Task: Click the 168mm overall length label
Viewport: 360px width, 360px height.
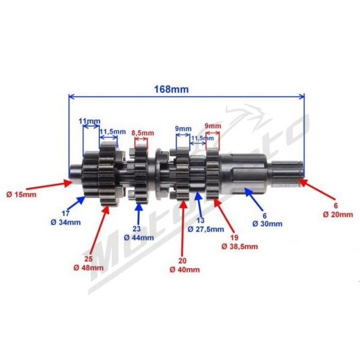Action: tap(171, 89)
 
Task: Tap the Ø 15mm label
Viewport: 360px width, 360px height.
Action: tap(22, 194)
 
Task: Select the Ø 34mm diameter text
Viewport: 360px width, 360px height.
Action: tap(65, 222)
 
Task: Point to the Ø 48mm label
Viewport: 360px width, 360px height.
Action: tap(88, 268)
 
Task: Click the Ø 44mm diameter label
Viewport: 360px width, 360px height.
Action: tap(139, 238)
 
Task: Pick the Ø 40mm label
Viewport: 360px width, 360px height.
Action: tap(185, 269)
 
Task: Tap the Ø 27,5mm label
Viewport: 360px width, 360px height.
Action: tap(206, 229)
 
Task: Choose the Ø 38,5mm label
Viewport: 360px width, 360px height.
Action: tap(239, 247)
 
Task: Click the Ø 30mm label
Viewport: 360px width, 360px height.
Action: tap(268, 224)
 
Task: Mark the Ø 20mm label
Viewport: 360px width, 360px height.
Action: tap(338, 214)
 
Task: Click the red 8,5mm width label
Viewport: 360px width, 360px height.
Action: tap(143, 133)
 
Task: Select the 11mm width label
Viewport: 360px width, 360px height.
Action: tap(89, 121)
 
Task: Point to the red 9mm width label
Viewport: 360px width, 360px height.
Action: tap(213, 126)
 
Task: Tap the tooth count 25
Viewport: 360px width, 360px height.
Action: tap(88, 259)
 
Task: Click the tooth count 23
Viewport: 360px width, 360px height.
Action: tap(136, 229)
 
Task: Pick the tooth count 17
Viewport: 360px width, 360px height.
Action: tap(65, 213)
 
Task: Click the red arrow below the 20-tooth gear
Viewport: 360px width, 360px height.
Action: tap(183, 227)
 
